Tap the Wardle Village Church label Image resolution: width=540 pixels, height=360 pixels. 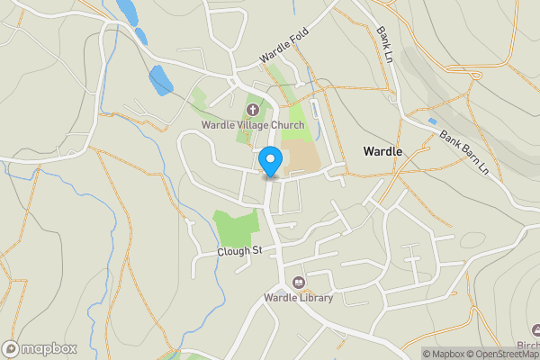point(253,125)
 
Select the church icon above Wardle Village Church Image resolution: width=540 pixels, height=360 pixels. point(251,110)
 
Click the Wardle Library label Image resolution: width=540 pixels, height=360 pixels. point(299,298)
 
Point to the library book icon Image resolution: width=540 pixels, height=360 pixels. point(298,283)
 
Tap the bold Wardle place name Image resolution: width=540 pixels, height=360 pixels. point(382,151)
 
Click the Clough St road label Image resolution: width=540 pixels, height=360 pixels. point(238,251)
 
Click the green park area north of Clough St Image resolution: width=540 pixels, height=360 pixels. point(236,227)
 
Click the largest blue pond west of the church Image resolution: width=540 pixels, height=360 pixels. point(160,80)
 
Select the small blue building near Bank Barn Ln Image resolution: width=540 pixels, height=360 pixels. point(433,121)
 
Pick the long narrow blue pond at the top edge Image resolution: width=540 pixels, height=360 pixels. point(128,12)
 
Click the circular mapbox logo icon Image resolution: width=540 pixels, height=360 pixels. point(12,348)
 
